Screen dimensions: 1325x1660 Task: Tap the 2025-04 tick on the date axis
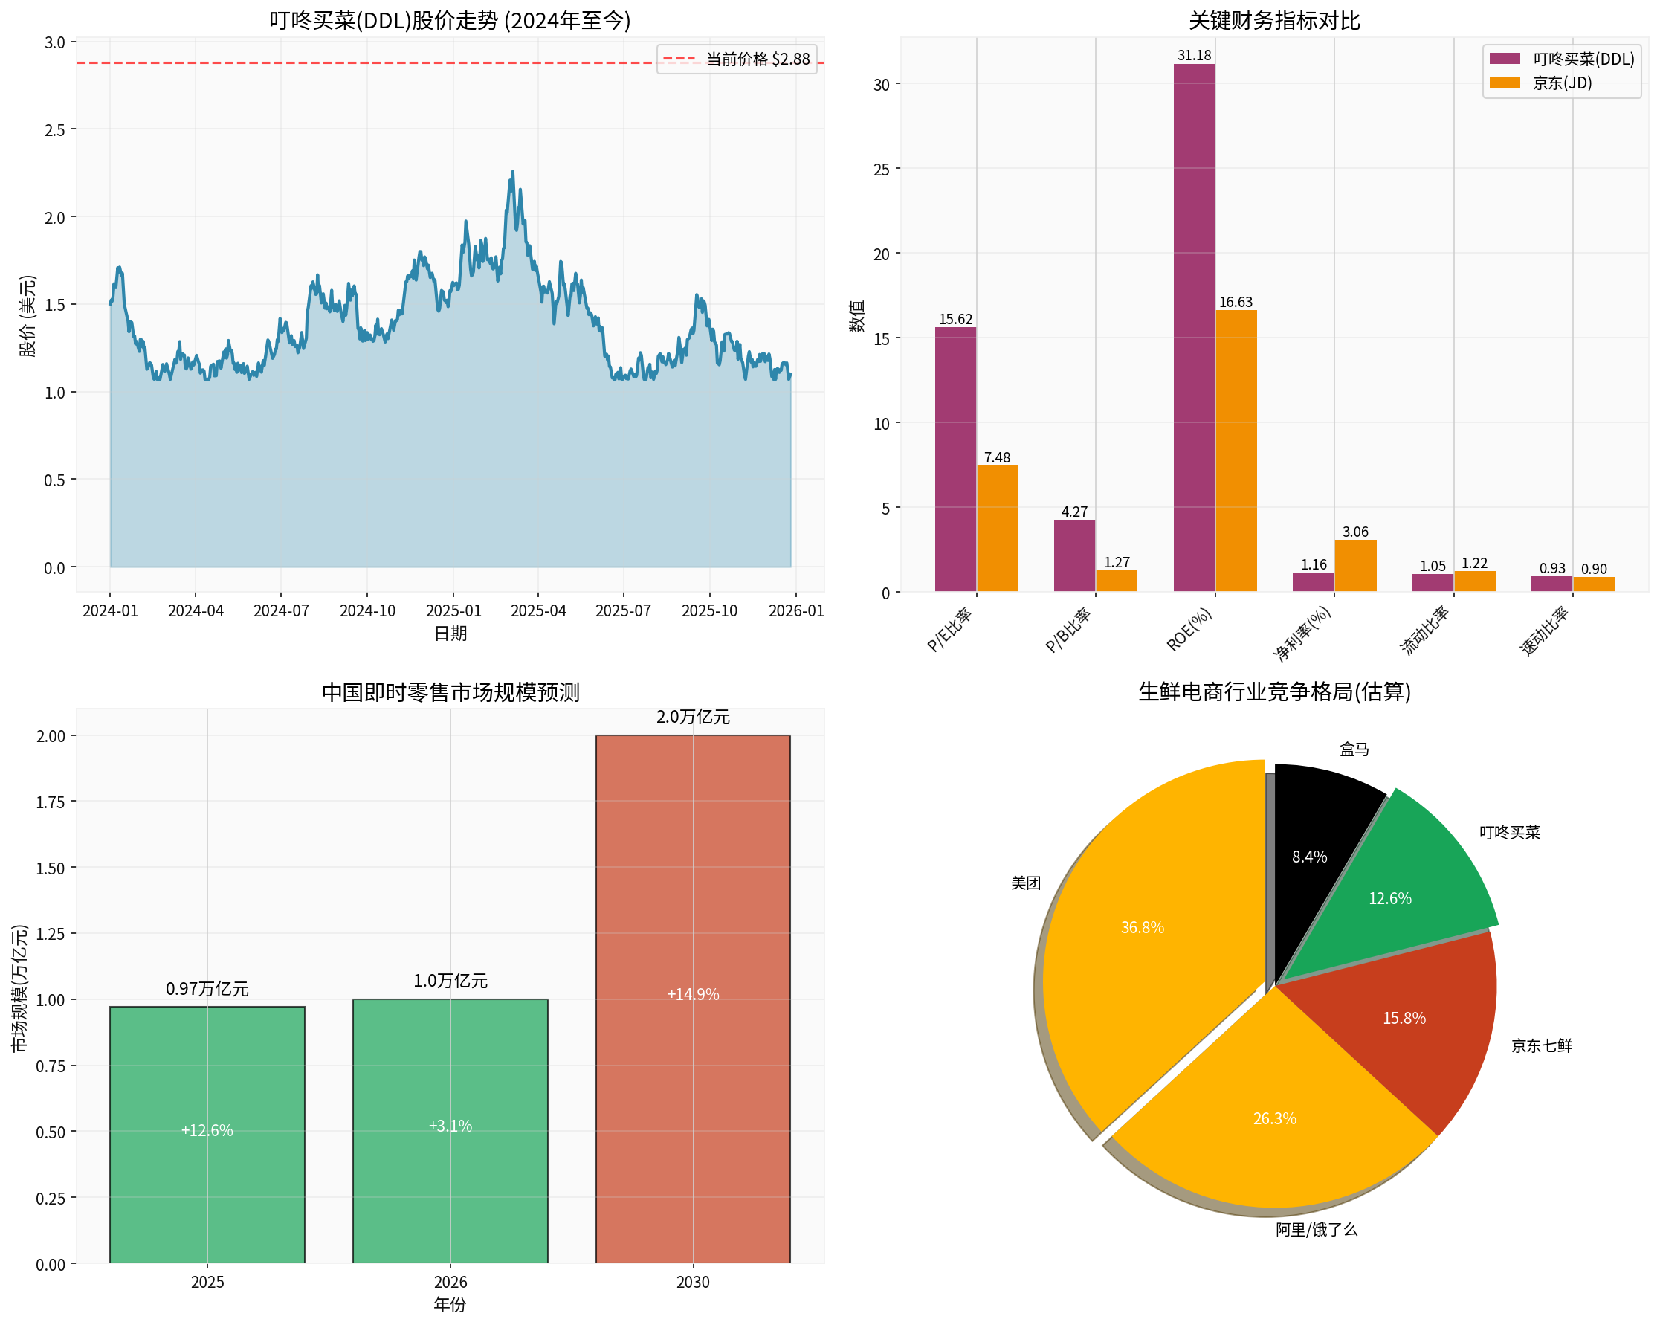(x=538, y=610)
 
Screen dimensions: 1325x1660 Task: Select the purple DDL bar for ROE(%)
(x=1193, y=327)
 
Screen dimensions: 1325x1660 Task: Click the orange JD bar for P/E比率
(x=997, y=528)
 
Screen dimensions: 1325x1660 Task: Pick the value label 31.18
(x=1193, y=56)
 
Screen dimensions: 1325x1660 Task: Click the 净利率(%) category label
(x=1302, y=634)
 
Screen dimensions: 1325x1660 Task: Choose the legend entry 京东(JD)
(x=1561, y=83)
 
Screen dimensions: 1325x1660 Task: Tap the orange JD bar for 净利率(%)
(x=1355, y=565)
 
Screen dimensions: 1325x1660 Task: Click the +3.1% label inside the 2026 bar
(x=450, y=1126)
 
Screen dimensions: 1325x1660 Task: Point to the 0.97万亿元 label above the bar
(x=207, y=989)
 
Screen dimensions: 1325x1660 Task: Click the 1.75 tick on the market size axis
(x=51, y=802)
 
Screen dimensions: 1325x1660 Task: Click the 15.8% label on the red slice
(x=1404, y=1018)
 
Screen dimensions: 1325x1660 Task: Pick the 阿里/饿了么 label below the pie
(x=1316, y=1230)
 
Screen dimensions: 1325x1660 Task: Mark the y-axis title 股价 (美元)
(x=28, y=316)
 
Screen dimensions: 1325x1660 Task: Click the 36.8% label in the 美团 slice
(x=1142, y=927)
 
